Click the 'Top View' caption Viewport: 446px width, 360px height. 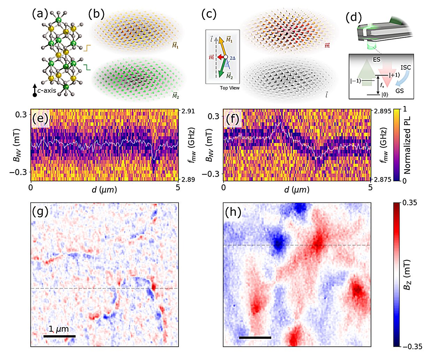click(229, 88)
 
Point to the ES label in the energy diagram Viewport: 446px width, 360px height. click(377, 60)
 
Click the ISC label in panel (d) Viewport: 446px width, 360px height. click(405, 67)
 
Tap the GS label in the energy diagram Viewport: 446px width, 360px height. click(400, 91)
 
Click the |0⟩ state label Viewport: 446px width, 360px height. click(385, 94)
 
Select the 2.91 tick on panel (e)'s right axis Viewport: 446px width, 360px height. click(188, 111)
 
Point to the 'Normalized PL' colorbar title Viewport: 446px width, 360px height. click(407, 145)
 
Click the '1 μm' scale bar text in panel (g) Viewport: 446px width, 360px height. click(59, 329)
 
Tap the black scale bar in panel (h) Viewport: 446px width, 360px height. click(255, 337)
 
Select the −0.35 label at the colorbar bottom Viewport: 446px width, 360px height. click(412, 346)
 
